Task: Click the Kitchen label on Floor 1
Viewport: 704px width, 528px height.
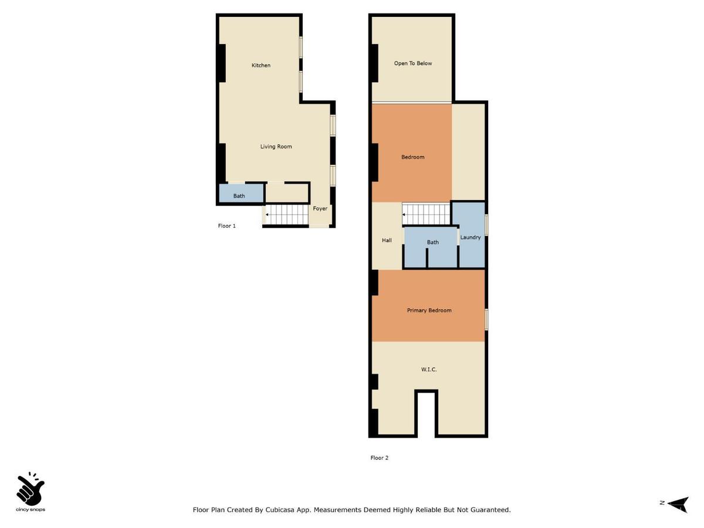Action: (261, 65)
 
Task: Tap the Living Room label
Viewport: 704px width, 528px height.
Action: (276, 147)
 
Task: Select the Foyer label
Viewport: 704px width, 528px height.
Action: (320, 209)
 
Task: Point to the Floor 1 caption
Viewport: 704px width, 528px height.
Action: (226, 226)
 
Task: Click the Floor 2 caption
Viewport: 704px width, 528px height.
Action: (379, 458)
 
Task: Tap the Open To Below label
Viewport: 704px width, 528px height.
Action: (412, 63)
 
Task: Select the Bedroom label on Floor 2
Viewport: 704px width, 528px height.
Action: (412, 157)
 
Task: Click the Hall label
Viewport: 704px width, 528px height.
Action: (387, 240)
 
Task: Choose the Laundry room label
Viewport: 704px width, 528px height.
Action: (471, 238)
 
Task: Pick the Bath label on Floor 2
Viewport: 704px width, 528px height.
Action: (433, 242)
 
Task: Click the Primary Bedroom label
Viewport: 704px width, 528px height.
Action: (429, 310)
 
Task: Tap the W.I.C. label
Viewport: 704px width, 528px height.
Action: (429, 370)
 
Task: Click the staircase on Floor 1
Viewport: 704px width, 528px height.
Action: (287, 215)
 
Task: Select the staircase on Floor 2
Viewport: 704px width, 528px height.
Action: (425, 214)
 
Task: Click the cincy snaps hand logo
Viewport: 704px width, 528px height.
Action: (31, 489)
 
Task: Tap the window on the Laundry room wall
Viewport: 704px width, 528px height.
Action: (486, 225)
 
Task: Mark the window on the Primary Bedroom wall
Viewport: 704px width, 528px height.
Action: (486, 319)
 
